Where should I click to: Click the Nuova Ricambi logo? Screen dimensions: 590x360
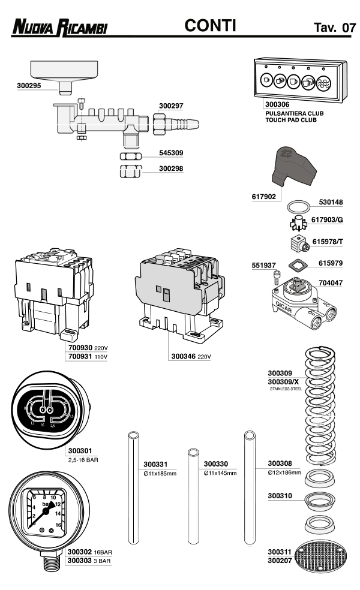pos(60,28)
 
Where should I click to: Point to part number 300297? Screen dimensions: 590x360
pos(171,106)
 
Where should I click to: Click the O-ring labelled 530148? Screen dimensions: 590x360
pos(296,207)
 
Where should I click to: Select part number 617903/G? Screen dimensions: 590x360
pos(328,221)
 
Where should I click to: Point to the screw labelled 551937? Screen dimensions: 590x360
pos(277,276)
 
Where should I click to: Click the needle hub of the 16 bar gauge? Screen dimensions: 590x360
pos(46,510)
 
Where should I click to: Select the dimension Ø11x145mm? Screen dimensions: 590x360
pos(220,473)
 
